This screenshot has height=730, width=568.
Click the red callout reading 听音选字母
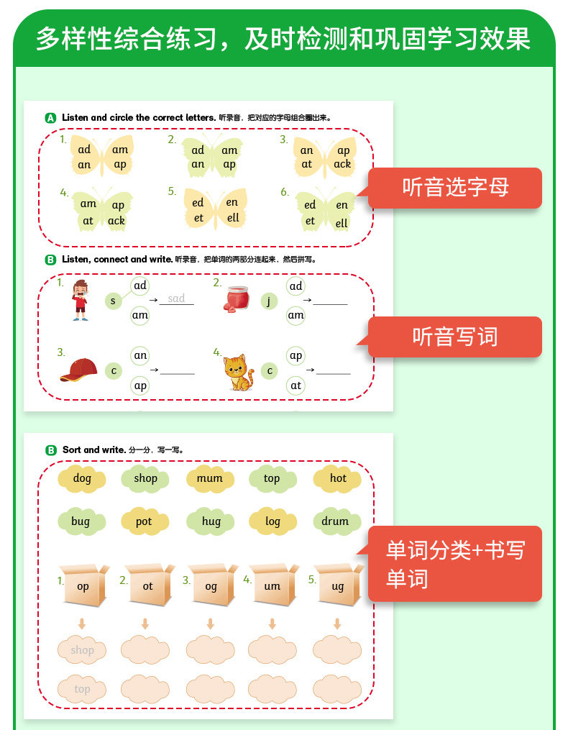(x=455, y=188)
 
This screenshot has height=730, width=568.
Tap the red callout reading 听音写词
(x=455, y=337)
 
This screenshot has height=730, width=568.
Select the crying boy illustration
(x=81, y=301)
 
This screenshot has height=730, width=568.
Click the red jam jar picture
(x=237, y=299)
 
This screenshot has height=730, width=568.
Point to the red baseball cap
(x=78, y=370)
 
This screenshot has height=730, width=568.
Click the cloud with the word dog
(x=82, y=478)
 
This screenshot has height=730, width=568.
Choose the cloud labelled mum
(x=210, y=478)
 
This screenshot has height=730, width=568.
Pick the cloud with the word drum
(x=335, y=521)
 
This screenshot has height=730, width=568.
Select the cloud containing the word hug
(x=211, y=521)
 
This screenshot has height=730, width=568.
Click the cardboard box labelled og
(x=212, y=585)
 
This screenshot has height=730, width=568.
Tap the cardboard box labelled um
(x=274, y=585)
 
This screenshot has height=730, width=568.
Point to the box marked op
(x=84, y=585)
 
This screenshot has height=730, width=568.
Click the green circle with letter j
(x=269, y=301)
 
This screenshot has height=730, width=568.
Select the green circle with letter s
(x=113, y=301)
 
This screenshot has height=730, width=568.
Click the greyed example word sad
(x=176, y=298)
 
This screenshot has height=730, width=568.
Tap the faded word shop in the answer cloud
(x=83, y=650)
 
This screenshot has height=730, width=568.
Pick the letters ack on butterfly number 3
(x=342, y=164)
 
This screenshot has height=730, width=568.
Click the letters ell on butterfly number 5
(x=233, y=217)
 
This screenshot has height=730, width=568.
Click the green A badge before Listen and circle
(x=50, y=118)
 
